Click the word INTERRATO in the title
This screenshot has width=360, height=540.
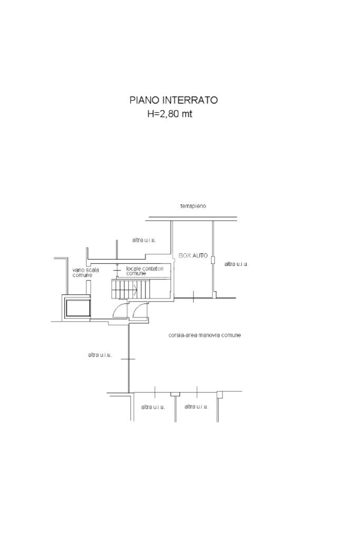(190, 100)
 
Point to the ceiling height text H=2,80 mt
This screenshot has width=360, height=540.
(170, 114)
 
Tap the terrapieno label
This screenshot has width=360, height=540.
(193, 206)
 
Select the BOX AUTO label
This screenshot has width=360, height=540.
(193, 256)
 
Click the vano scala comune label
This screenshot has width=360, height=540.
(85, 273)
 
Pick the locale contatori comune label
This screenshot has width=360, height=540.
(144, 271)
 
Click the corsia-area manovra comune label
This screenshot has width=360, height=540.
(205, 335)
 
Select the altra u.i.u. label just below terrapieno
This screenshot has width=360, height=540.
(144, 240)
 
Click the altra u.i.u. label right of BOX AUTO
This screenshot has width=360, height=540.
(236, 264)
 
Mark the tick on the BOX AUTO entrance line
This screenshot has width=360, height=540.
(193, 297)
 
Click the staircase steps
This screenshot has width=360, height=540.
(131, 289)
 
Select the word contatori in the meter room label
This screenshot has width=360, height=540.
(152, 268)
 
